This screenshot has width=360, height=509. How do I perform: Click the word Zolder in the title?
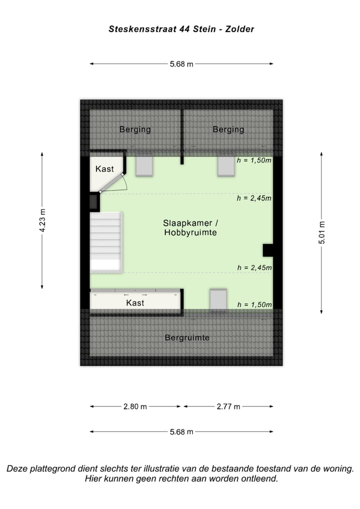pyautogui.click(x=239, y=29)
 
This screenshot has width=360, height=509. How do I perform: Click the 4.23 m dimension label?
pyautogui.click(x=42, y=220)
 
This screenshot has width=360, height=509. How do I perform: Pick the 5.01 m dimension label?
pyautogui.click(x=321, y=233)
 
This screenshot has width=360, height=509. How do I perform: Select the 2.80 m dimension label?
pyautogui.click(x=135, y=406)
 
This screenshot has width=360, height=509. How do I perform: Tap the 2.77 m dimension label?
pyautogui.click(x=228, y=406)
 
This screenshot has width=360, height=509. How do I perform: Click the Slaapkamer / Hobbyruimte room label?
pyautogui.click(x=190, y=227)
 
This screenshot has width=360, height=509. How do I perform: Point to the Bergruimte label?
pyautogui.click(x=187, y=337)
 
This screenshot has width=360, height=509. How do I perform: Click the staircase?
pyautogui.click(x=106, y=242)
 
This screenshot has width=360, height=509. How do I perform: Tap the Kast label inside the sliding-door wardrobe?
pyautogui.click(x=135, y=302)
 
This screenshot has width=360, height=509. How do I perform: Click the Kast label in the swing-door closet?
pyautogui.click(x=104, y=169)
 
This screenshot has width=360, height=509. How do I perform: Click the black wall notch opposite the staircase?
pyautogui.click(x=268, y=249)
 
